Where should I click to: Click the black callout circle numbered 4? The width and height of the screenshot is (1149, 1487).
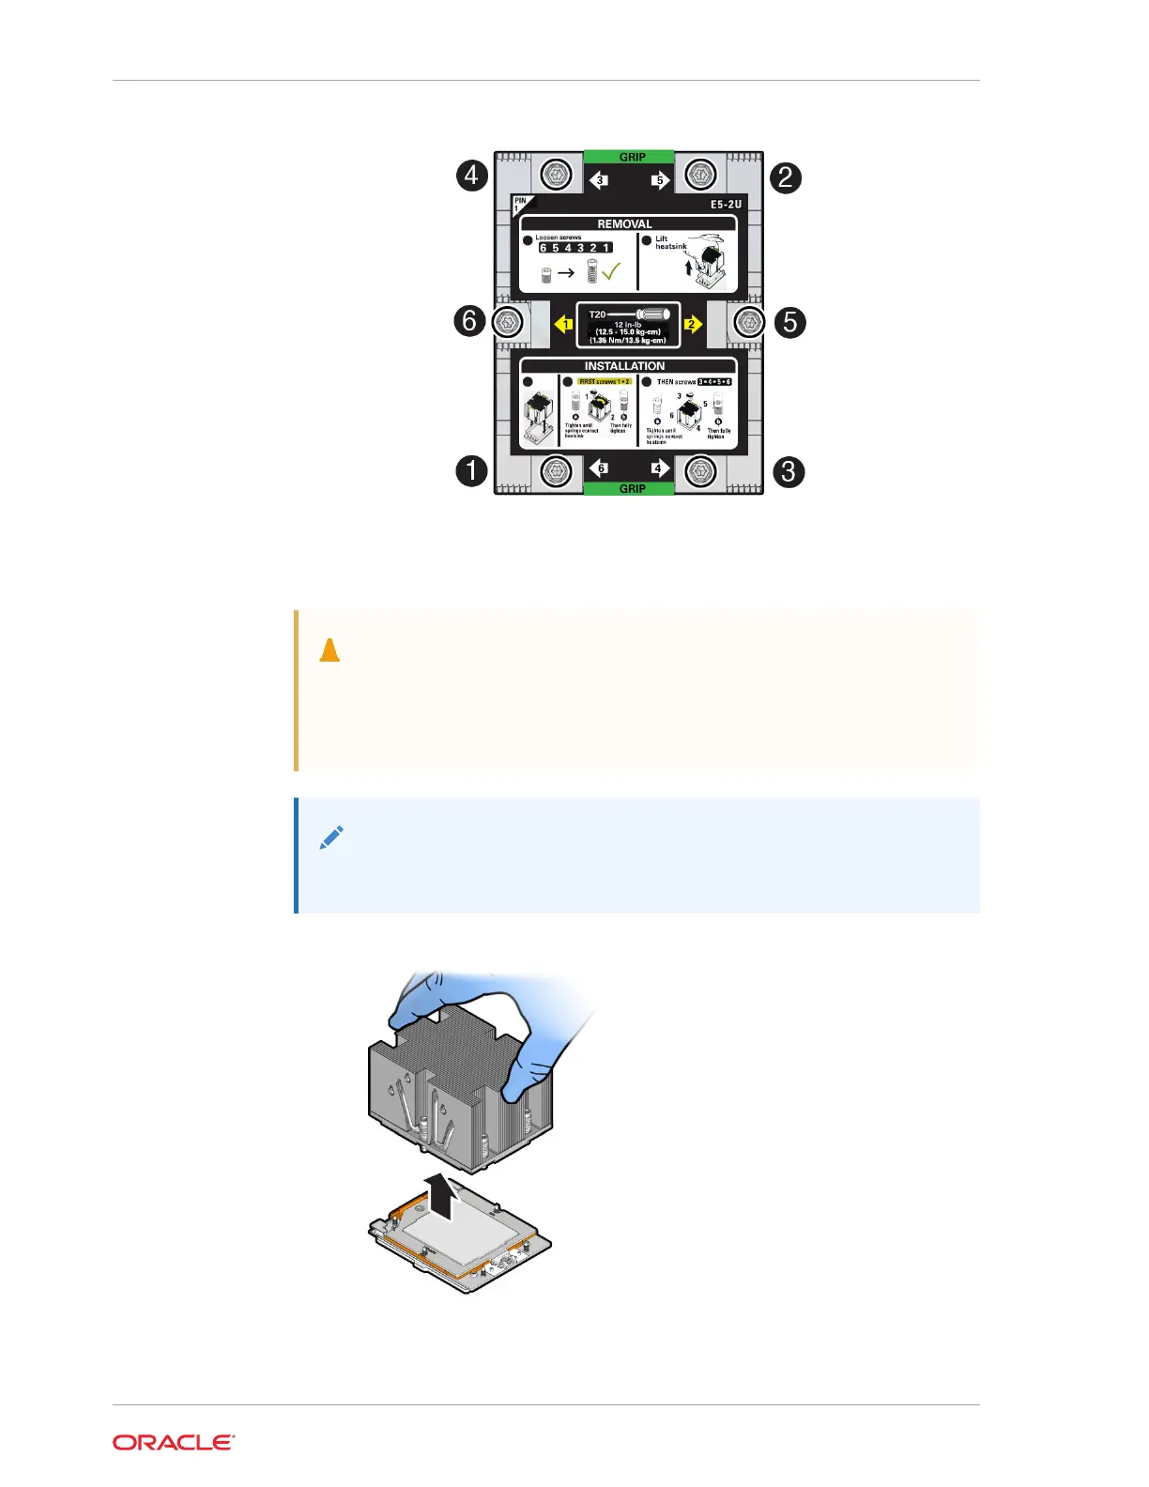point(472,176)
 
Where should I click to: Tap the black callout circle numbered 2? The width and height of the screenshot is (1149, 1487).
point(786,177)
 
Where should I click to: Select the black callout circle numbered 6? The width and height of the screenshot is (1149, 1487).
point(469,321)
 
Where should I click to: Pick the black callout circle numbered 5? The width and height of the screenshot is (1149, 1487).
point(790,322)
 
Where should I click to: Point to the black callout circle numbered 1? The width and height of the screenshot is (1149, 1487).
point(472,470)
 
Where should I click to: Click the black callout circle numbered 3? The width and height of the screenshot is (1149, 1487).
point(789,471)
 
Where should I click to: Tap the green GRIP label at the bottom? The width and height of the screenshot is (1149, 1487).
point(632,488)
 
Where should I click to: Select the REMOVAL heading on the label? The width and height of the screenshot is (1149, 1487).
point(624,224)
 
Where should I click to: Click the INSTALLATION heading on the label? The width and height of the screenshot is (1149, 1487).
point(624,366)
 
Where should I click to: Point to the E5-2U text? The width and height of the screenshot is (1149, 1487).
point(726,204)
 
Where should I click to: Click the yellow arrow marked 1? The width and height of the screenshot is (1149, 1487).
point(564,324)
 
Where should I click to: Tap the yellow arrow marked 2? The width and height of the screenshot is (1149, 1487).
point(693,324)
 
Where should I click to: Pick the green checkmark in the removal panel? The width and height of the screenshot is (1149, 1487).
point(610,272)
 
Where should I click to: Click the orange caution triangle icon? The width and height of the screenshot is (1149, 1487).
point(329,650)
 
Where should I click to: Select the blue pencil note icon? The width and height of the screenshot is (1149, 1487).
point(331,837)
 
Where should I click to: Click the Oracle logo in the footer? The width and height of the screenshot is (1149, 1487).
point(174,1443)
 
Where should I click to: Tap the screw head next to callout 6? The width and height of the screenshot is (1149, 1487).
point(508,322)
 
